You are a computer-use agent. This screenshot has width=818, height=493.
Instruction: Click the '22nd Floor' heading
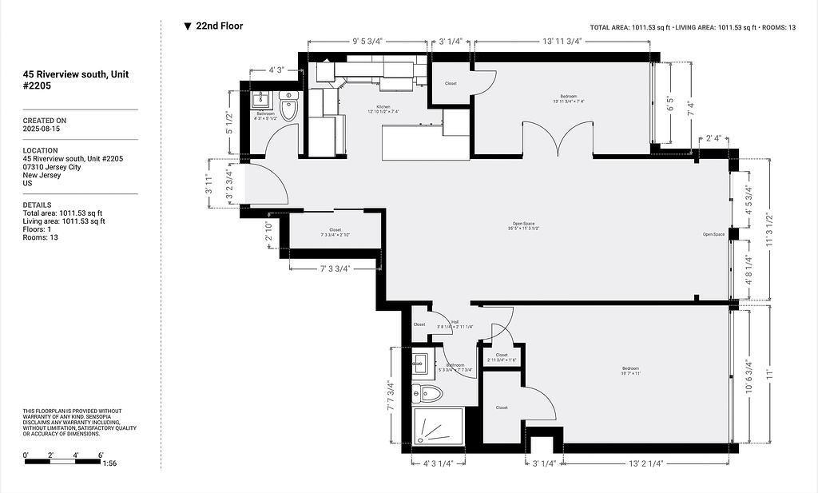click(x=219, y=26)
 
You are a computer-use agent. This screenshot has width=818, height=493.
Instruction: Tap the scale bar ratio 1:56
click(x=109, y=463)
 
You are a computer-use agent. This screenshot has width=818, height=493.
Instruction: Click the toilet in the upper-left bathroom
click(x=288, y=107)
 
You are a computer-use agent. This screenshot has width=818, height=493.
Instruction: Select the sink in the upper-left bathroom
click(x=260, y=101)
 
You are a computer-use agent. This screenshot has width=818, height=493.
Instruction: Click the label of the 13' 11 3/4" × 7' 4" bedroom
click(x=569, y=99)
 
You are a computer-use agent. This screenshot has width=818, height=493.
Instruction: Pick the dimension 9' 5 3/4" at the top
click(x=368, y=42)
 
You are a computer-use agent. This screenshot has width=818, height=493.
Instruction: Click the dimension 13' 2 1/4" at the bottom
click(x=646, y=463)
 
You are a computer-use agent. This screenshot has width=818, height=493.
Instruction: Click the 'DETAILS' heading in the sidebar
click(x=37, y=205)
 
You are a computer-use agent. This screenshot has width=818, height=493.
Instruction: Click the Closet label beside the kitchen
click(x=451, y=83)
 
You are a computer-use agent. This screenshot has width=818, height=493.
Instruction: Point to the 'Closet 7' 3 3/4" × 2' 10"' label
click(x=336, y=233)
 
